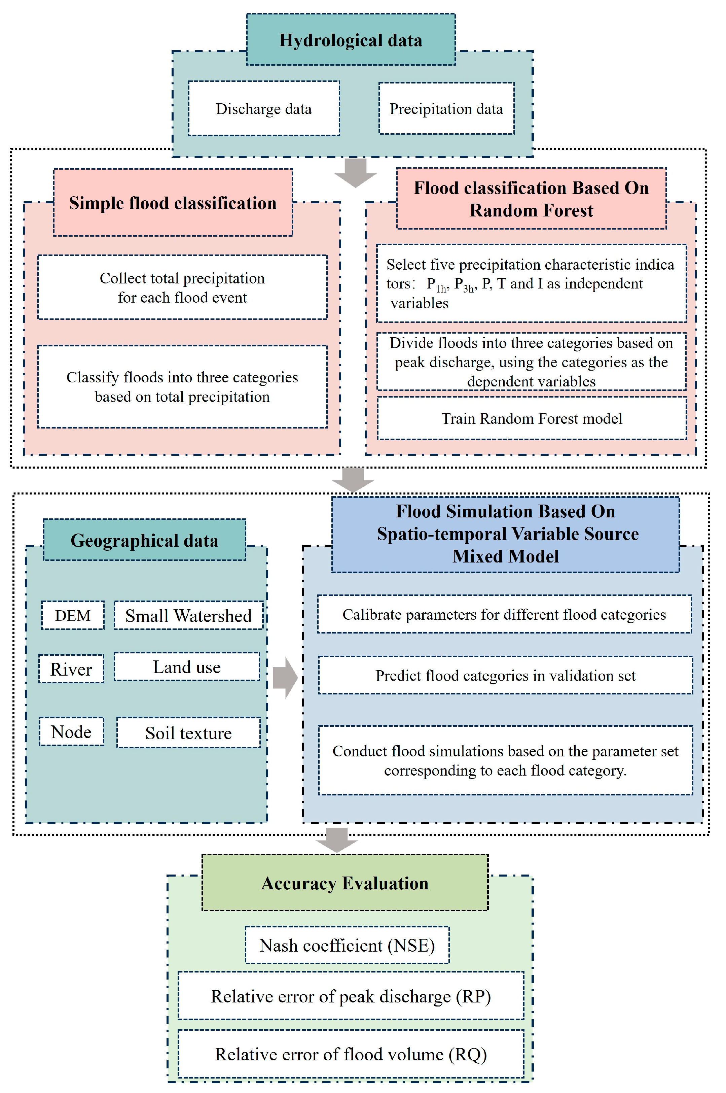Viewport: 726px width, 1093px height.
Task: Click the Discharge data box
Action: point(263,109)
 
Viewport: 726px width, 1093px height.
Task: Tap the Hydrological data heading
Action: point(351,40)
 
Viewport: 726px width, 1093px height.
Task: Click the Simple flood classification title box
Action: point(173,203)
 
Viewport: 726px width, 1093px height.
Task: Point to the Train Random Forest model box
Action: point(532,418)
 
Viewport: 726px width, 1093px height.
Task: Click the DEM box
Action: point(73,616)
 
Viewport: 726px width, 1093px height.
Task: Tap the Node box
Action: point(71,732)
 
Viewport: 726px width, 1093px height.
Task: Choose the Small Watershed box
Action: point(188,616)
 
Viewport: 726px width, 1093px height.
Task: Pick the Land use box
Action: point(187,667)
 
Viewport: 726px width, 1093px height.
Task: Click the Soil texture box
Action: point(188,733)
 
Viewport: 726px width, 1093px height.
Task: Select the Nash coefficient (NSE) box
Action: point(347,945)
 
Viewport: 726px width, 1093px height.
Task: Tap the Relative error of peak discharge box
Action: point(351,996)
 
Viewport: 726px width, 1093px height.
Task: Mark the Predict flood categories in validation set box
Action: point(505,676)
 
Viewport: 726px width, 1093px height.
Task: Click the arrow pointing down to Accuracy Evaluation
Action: point(337,839)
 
